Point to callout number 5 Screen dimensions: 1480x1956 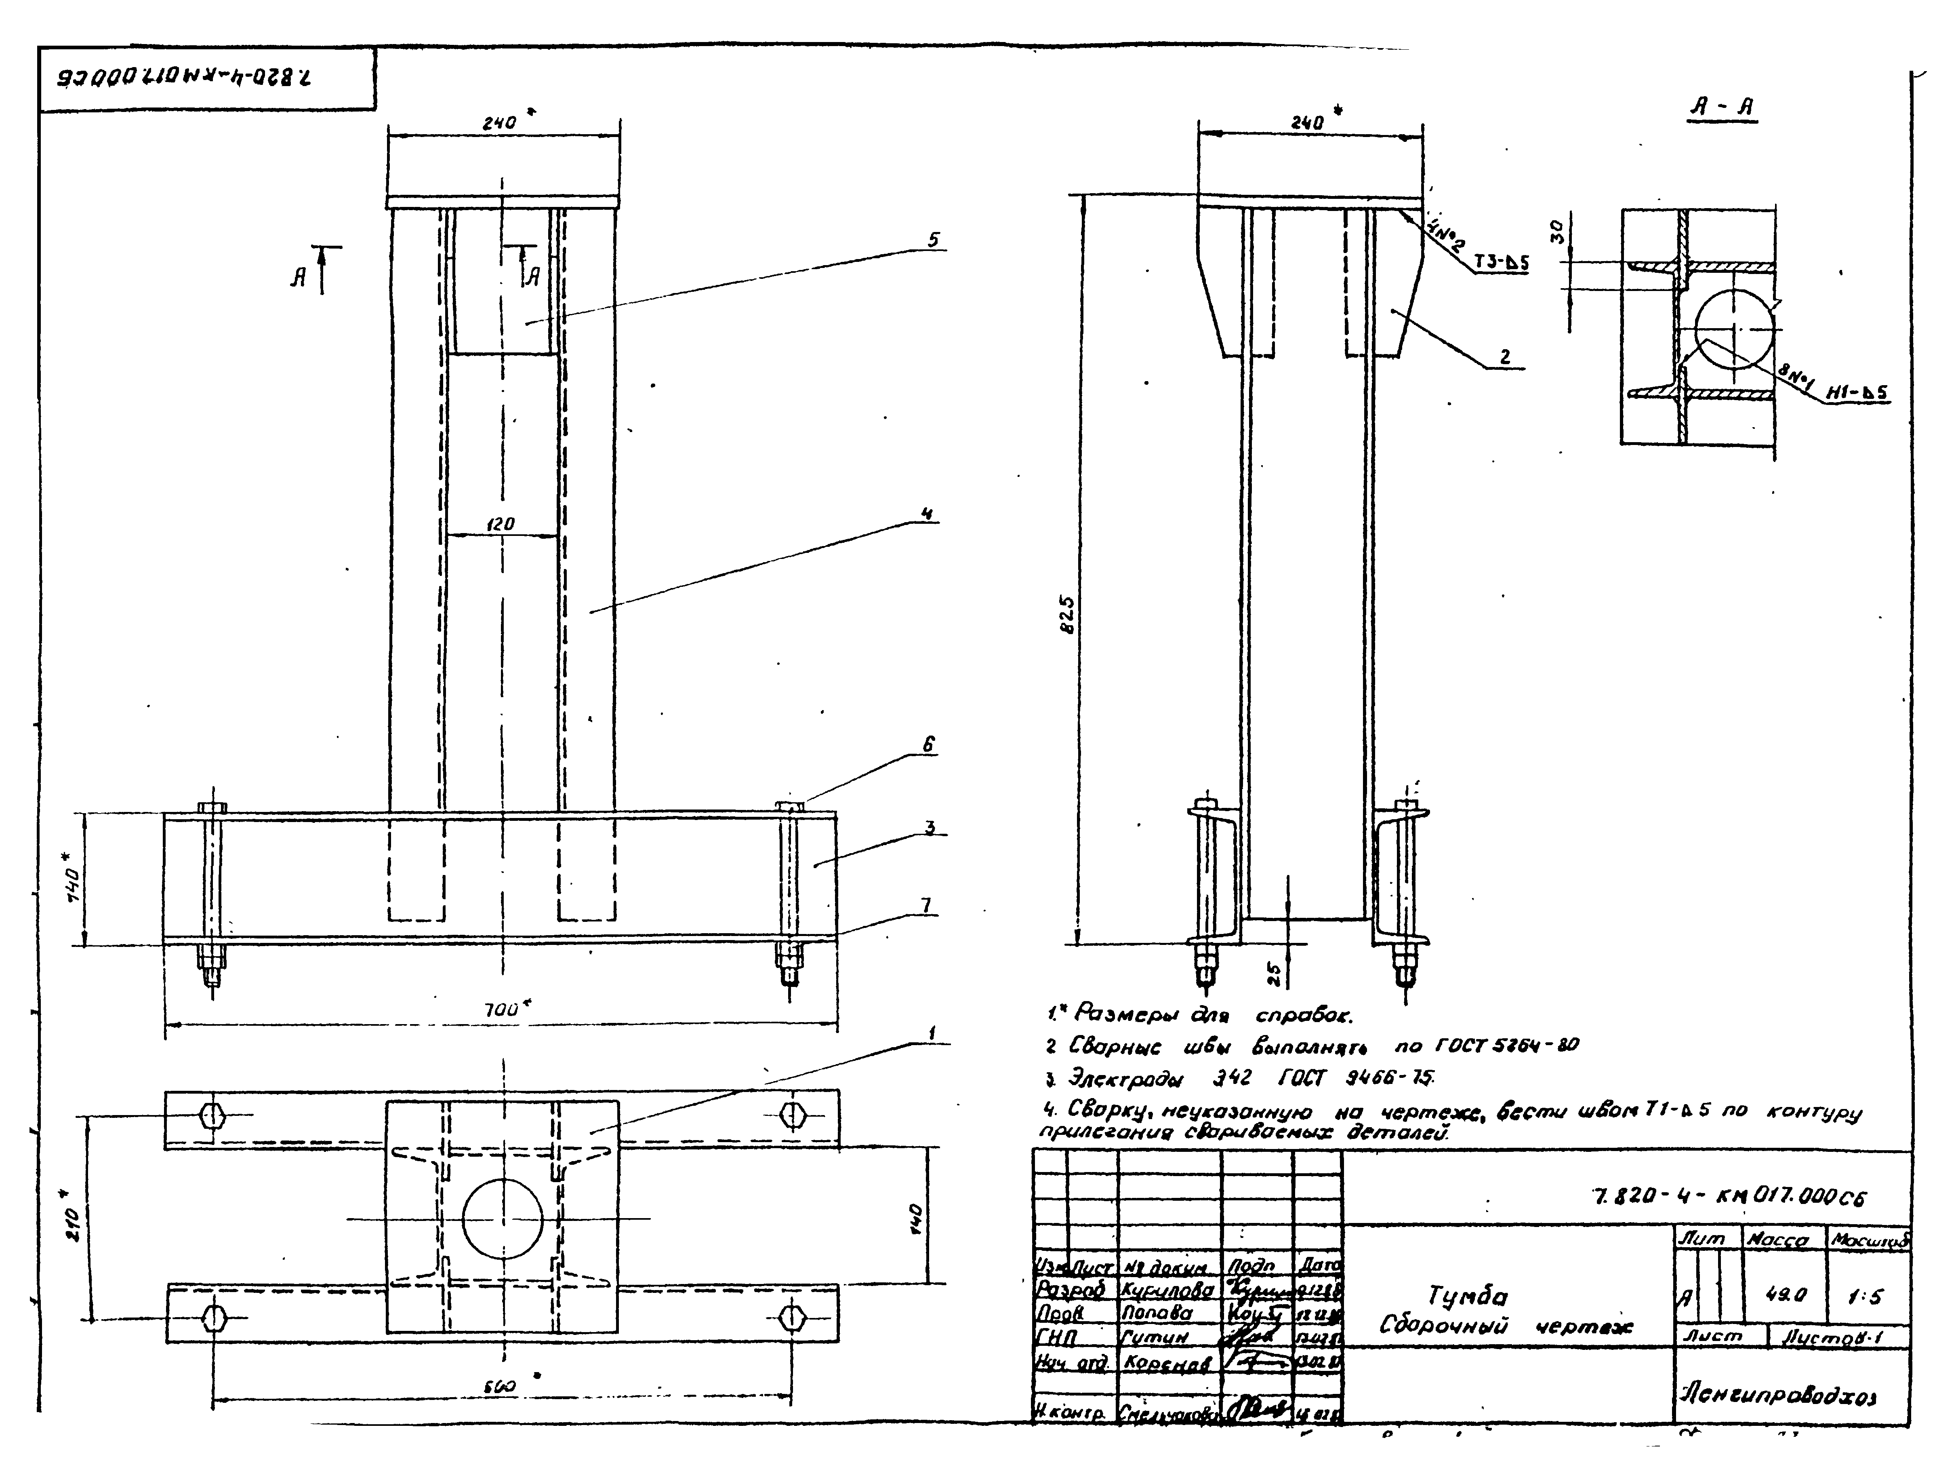pyautogui.click(x=934, y=240)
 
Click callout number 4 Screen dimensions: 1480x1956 pyautogui.click(x=926, y=513)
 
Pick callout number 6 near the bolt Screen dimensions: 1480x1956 pyautogui.click(x=928, y=745)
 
